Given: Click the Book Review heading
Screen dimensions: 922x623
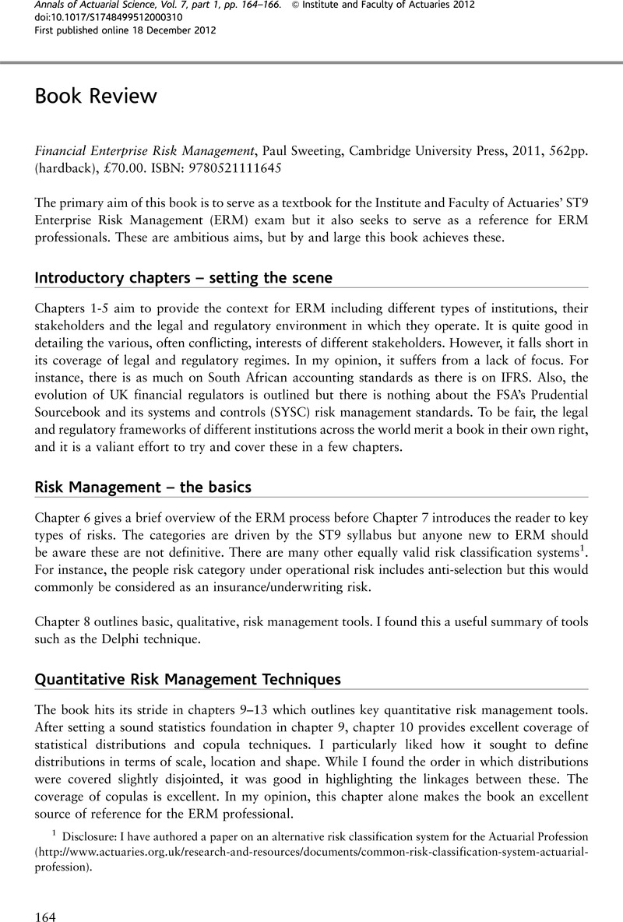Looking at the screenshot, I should (x=97, y=96).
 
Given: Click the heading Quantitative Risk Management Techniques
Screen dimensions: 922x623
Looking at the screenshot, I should (x=188, y=679).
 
